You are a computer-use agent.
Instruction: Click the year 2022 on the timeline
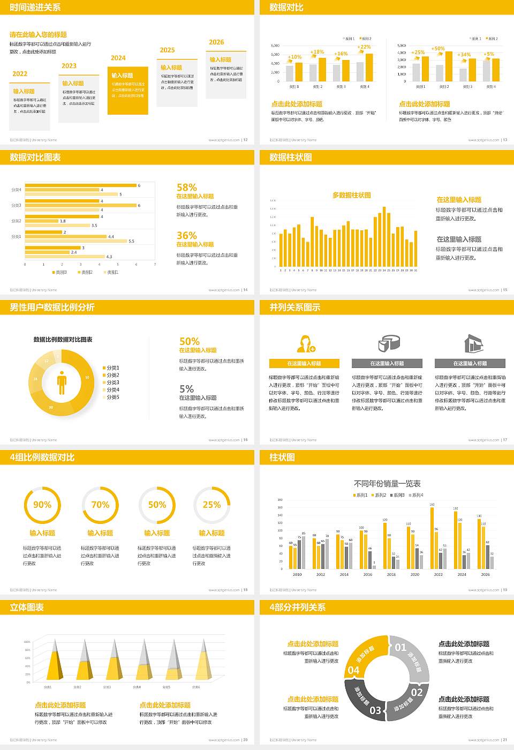(20, 74)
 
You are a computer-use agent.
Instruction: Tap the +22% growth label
(364, 47)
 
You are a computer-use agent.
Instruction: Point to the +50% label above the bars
(438, 49)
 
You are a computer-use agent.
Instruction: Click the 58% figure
(187, 187)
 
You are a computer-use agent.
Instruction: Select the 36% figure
(187, 236)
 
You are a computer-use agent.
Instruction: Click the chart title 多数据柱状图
(351, 196)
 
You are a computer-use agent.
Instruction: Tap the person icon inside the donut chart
(62, 382)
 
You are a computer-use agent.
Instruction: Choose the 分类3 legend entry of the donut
(112, 382)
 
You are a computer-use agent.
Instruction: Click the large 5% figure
(186, 389)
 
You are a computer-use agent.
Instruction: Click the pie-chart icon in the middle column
(389, 343)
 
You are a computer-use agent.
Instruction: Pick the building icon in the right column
(473, 343)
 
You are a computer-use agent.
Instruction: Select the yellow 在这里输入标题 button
(304, 363)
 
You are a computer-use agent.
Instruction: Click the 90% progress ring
(42, 505)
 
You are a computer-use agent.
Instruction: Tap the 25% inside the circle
(211, 505)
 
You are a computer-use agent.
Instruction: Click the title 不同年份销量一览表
(387, 484)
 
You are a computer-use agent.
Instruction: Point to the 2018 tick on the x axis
(391, 574)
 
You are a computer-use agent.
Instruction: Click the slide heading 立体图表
(27, 607)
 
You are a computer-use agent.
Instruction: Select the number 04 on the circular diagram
(354, 670)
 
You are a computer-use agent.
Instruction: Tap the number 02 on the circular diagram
(417, 692)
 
